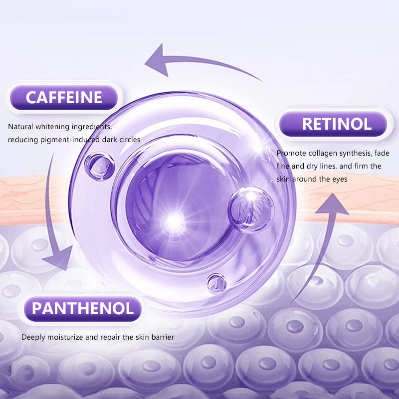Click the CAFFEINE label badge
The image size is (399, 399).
point(63,97)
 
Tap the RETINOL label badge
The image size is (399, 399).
point(333,124)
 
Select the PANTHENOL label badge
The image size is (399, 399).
point(83,309)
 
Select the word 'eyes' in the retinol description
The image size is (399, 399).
point(339,179)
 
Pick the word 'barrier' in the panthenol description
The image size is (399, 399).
point(162,337)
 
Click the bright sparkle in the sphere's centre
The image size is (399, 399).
point(174,218)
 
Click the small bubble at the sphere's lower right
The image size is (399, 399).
point(216,284)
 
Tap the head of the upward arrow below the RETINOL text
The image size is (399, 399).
point(333,199)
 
